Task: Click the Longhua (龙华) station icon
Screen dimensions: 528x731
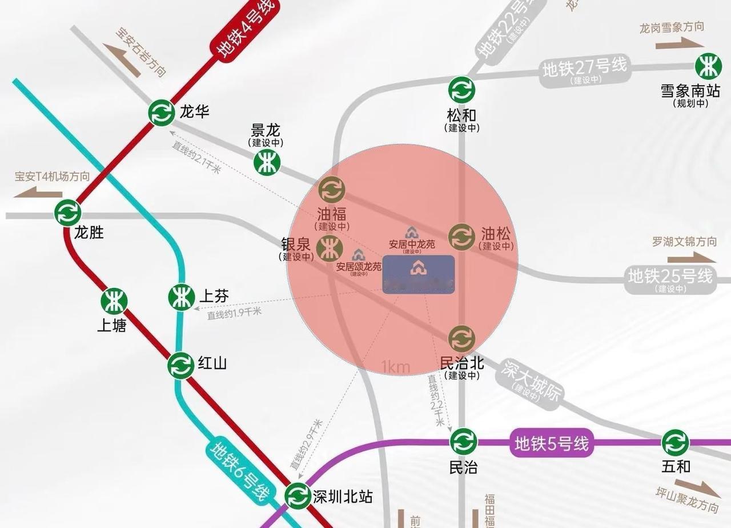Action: pyautogui.click(x=162, y=113)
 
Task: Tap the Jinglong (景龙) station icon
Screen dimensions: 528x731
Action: pyautogui.click(x=267, y=163)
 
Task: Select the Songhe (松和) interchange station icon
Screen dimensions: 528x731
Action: pyautogui.click(x=461, y=90)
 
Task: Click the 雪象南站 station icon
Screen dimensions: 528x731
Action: pyautogui.click(x=708, y=66)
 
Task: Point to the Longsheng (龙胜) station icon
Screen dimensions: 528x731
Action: pyautogui.click(x=68, y=213)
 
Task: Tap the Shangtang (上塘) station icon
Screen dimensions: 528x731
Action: pyautogui.click(x=114, y=301)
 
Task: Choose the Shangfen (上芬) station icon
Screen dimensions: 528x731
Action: pyautogui.click(x=182, y=297)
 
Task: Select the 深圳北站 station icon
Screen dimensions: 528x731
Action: pyautogui.click(x=298, y=495)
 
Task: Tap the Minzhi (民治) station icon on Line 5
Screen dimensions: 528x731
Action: pyautogui.click(x=463, y=442)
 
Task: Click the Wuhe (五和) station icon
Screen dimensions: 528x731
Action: pyautogui.click(x=676, y=442)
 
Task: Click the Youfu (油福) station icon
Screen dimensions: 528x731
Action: pyautogui.click(x=332, y=189)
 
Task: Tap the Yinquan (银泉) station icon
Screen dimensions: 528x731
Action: pyautogui.click(x=330, y=249)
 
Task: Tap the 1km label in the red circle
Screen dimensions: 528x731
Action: pyautogui.click(x=396, y=366)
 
